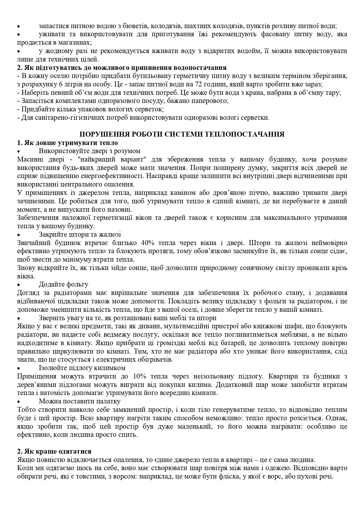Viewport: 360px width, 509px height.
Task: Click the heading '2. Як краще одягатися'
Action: coord(54,452)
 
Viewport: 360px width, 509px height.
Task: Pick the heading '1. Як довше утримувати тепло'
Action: coord(67,143)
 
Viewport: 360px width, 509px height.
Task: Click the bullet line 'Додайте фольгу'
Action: coord(64,285)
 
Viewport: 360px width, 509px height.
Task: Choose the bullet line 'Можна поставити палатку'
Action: coord(79,401)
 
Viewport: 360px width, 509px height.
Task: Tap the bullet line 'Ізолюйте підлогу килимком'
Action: coord(82,368)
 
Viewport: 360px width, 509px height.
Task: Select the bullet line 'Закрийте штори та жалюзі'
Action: coord(80,234)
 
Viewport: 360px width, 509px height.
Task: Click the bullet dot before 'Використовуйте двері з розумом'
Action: coord(19,151)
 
